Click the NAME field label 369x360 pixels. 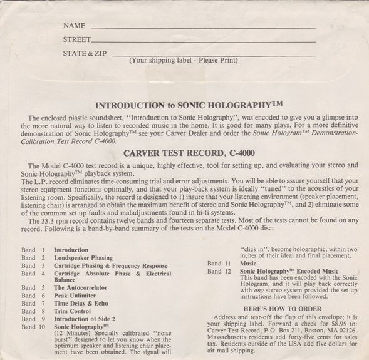74,26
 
